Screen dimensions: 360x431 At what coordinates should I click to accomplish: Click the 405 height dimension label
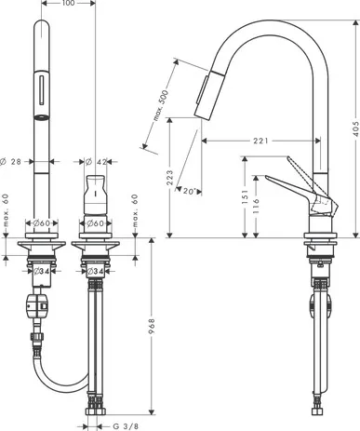[x=355, y=128]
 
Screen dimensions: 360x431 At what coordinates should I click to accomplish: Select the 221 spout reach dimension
[x=260, y=141]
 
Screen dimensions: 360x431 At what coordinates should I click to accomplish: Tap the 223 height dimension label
[x=169, y=178]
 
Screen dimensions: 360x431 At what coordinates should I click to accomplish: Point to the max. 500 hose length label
[x=161, y=105]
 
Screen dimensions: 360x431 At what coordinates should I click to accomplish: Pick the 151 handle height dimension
[x=246, y=196]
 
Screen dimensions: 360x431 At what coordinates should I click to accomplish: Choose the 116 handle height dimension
[x=256, y=206]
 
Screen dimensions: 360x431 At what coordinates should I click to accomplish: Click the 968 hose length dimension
[x=152, y=326]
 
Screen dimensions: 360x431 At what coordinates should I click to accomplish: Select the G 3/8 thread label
[x=126, y=426]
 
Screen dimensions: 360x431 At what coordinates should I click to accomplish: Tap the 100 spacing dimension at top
[x=68, y=3]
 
